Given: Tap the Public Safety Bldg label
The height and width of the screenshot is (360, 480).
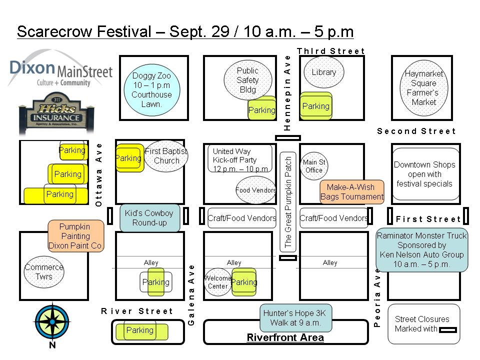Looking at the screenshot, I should [x=248, y=80].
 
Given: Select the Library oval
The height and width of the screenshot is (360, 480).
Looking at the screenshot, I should [x=323, y=72].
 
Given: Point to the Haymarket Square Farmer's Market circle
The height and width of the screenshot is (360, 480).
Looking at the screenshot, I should [x=424, y=88].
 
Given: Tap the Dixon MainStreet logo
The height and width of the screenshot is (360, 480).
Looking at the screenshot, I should [x=60, y=70].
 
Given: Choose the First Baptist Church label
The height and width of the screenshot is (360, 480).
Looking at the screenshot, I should [x=166, y=155].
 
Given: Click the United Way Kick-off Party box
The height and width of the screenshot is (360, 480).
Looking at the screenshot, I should [x=240, y=158].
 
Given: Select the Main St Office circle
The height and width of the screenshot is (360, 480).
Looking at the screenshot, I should [x=314, y=166].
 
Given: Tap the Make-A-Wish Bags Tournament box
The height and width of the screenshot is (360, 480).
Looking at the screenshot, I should [x=352, y=192].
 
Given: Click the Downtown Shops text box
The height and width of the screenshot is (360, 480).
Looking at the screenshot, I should [x=424, y=174].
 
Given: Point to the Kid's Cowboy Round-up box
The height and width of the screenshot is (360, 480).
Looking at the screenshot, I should [x=149, y=218].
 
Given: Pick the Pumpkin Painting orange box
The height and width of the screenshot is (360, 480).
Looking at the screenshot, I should [x=75, y=236].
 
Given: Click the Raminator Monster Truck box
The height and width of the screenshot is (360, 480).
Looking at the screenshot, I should [x=421, y=249].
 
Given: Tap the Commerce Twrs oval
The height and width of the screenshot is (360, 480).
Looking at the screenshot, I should [x=44, y=272].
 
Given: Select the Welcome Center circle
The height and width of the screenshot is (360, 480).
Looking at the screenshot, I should [x=218, y=282].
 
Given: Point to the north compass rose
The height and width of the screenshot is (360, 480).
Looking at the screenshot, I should [x=52, y=321].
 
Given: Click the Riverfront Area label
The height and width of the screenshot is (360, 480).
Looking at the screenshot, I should [x=285, y=337].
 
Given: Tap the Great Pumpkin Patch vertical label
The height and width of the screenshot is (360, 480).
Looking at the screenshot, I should [x=288, y=200].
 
